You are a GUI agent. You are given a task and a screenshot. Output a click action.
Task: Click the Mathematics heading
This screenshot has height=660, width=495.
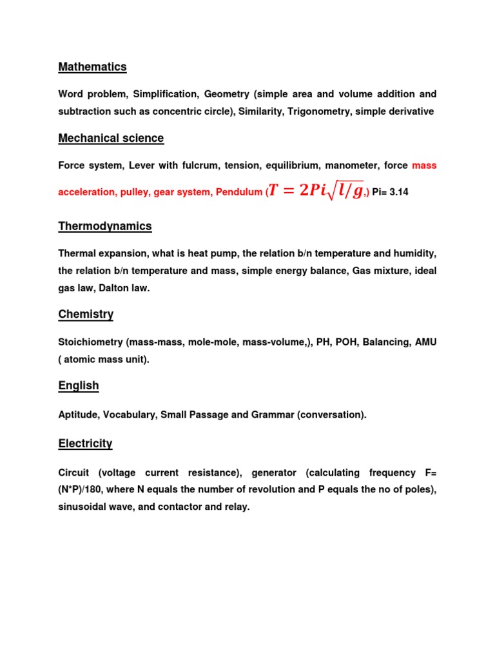click(92, 67)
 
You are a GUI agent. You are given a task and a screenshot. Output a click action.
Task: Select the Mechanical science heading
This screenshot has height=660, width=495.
click(111, 138)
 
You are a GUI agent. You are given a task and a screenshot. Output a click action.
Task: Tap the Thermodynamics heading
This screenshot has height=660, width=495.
click(105, 226)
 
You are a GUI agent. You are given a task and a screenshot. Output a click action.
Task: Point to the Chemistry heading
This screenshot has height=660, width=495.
click(86, 315)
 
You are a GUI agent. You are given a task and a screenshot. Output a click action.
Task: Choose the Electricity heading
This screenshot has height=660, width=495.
click(85, 443)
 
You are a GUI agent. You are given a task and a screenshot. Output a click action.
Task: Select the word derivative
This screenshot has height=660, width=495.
click(406, 112)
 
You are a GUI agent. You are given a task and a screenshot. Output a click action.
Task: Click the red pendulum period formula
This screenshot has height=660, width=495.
click(316, 191)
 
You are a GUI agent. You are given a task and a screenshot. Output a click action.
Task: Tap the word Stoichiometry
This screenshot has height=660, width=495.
click(90, 342)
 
